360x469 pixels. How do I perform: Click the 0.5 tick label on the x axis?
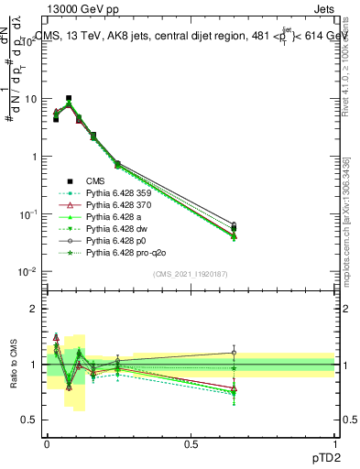[x=191, y=443]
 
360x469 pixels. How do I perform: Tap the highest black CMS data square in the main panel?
[x=69, y=98]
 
